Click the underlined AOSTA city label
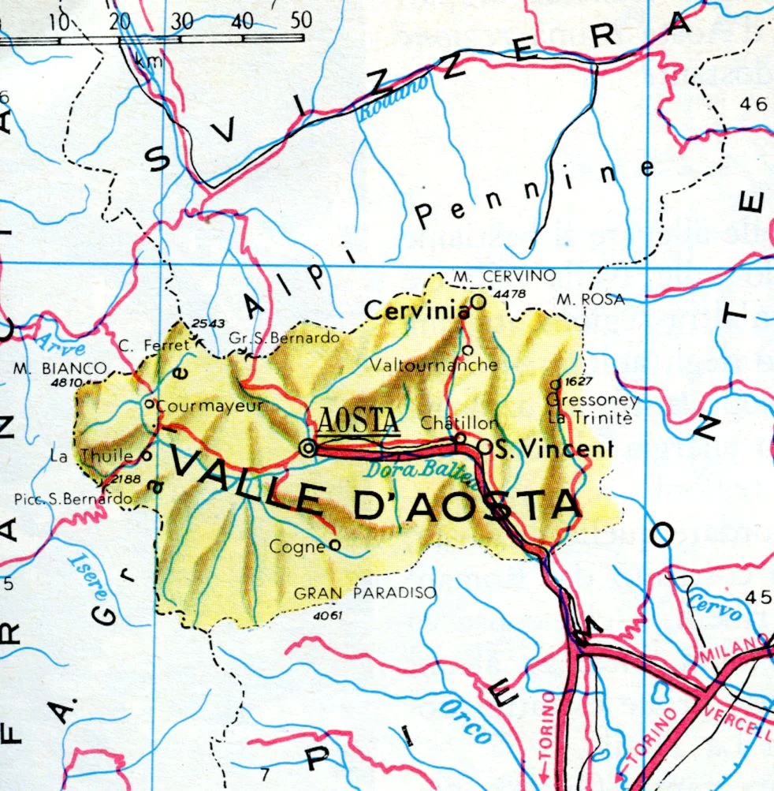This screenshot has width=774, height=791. [359, 422]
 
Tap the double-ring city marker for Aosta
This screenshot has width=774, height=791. [307, 448]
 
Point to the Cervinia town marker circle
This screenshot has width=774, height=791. [477, 301]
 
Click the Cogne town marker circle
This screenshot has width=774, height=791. [334, 544]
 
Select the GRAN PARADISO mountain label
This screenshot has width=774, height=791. [365, 593]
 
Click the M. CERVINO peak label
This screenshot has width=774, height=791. [505, 275]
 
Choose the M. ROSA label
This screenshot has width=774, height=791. [590, 299]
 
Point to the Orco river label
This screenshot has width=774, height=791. [464, 722]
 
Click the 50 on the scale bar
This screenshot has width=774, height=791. [300, 20]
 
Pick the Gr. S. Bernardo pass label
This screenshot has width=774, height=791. [284, 338]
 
